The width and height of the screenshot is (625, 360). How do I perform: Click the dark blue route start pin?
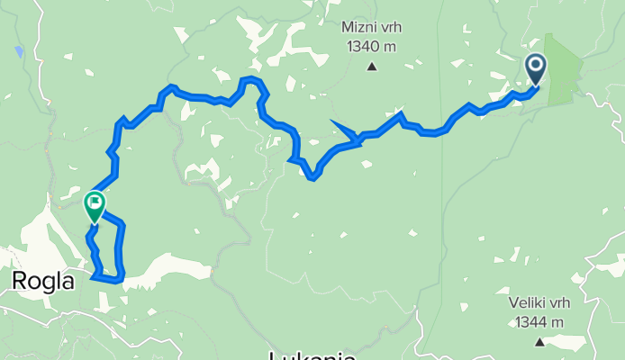tap(536, 68)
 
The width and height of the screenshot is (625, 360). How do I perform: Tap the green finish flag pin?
tap(95, 206)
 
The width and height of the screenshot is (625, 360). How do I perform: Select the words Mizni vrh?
tap(371, 27)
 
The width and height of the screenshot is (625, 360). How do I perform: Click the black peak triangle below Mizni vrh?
tap(371, 66)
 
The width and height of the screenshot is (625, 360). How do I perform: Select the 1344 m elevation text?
tap(539, 321)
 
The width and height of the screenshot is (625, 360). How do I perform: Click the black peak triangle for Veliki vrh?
tap(539, 341)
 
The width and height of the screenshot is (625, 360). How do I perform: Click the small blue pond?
tap(19, 51)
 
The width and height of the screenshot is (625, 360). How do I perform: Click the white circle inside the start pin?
tap(536, 64)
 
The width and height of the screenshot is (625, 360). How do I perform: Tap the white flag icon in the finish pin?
tap(95, 202)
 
